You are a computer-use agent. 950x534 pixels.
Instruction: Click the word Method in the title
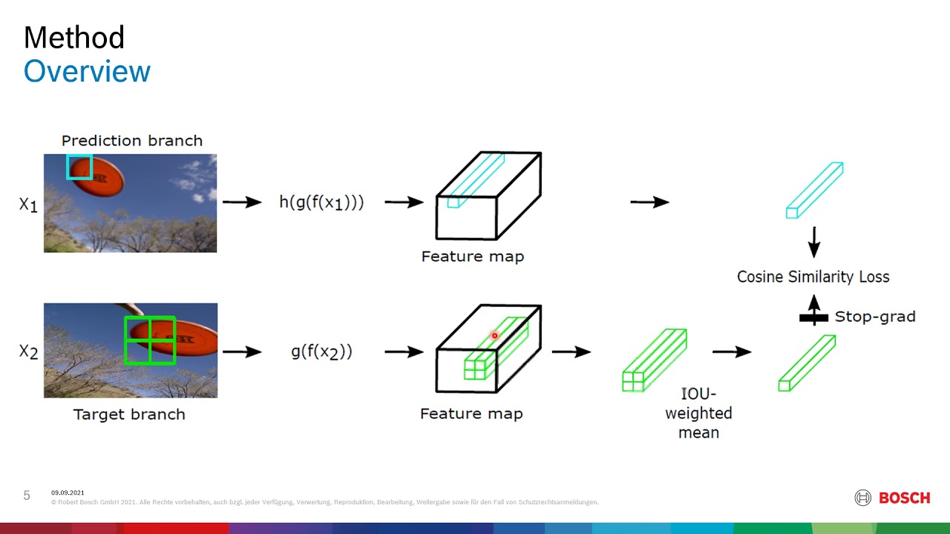click(x=73, y=37)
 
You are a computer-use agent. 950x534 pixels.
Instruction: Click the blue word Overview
click(x=87, y=71)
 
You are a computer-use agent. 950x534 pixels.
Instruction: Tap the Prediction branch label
click(x=131, y=140)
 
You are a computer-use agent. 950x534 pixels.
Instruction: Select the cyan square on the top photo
click(x=79, y=167)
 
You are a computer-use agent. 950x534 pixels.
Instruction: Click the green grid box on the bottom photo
click(x=150, y=340)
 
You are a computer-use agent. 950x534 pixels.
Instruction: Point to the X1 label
click(x=28, y=204)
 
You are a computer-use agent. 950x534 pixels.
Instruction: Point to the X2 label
click(x=28, y=352)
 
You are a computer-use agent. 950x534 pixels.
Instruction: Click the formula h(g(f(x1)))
click(x=321, y=202)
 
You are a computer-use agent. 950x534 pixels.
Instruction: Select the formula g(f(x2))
click(x=321, y=352)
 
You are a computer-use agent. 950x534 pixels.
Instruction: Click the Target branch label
click(x=129, y=414)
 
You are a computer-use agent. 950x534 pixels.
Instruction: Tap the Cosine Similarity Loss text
click(x=813, y=277)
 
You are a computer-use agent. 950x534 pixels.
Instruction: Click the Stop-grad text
click(x=875, y=317)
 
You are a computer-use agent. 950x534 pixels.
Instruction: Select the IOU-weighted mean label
click(x=698, y=413)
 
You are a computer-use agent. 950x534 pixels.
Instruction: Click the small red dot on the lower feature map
click(x=494, y=336)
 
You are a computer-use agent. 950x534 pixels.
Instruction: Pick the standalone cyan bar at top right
click(x=814, y=190)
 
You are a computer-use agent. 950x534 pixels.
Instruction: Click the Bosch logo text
click(x=904, y=498)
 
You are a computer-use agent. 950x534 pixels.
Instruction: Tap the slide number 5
click(x=27, y=495)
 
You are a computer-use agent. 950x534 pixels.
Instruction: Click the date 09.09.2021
click(x=68, y=492)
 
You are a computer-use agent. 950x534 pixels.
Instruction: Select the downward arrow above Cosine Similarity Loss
click(x=813, y=242)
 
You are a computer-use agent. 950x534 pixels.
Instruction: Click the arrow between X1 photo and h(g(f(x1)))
click(x=242, y=202)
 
